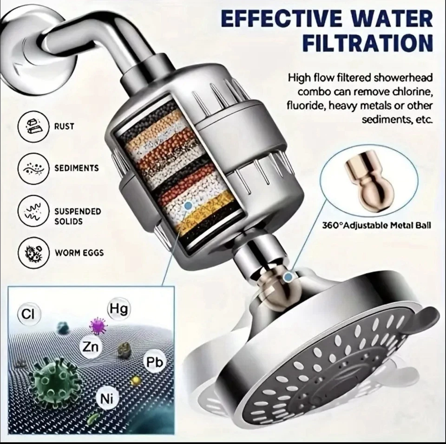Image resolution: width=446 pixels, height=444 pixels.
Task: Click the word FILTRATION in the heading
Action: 367,43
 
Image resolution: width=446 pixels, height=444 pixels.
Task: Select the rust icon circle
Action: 33,126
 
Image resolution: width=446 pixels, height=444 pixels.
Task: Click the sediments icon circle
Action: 33,168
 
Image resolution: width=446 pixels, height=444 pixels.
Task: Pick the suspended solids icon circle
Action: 33,212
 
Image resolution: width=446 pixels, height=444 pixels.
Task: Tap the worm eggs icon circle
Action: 33,253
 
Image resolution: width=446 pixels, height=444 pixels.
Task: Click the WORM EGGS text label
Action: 79,253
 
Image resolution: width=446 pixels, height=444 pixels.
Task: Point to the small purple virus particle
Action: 98,326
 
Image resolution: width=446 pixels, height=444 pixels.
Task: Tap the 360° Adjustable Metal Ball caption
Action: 377,226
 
